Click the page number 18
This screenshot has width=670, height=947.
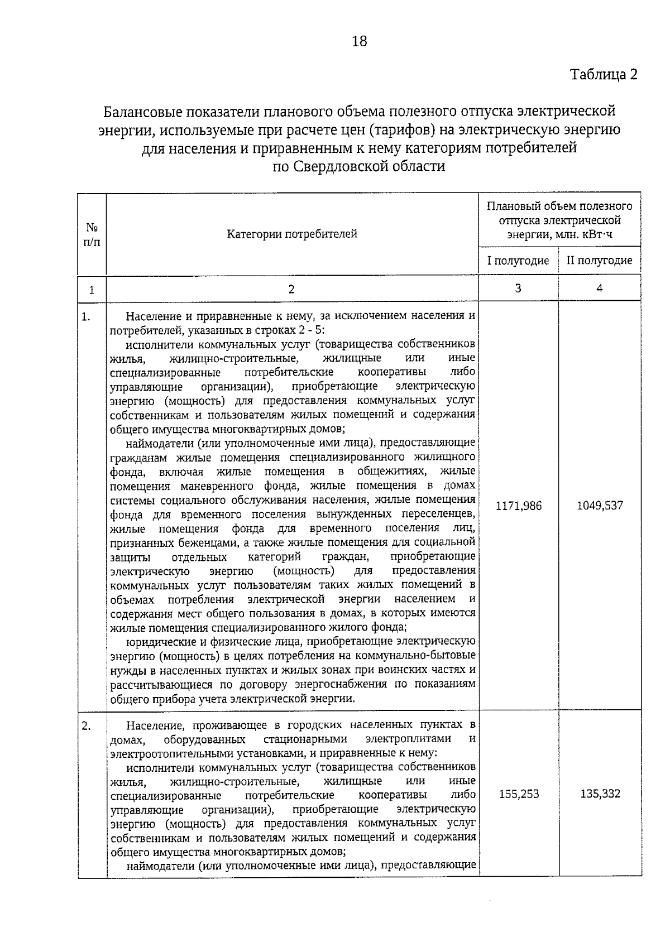360,41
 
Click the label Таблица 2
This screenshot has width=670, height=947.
603,74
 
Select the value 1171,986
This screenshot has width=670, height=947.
518,506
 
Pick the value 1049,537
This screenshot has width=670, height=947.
600,506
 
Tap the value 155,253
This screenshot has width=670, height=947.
519,794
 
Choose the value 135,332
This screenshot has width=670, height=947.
600,794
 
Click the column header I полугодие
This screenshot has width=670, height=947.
518,261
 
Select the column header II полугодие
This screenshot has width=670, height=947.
600,261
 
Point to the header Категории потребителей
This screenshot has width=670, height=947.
292,234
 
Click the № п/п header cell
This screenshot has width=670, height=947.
92,234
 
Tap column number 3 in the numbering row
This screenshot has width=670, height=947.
518,288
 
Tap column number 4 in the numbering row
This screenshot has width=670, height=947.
600,288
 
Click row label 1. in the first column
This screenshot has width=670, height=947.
86,317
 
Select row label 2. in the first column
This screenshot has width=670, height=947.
86,725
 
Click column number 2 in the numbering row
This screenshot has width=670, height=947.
291,289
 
